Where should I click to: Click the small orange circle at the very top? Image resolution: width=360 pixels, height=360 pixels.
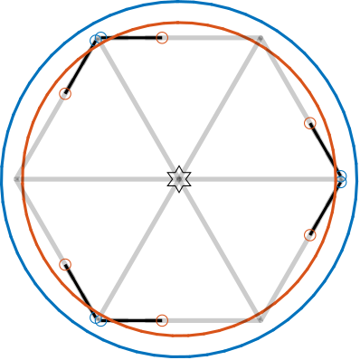(162, 38)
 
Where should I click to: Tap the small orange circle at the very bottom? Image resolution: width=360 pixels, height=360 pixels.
(162, 320)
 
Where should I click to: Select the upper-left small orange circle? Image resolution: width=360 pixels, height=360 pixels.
(65, 94)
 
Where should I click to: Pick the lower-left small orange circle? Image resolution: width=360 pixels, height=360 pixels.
(65, 264)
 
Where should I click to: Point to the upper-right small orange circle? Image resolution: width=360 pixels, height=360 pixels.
(310, 123)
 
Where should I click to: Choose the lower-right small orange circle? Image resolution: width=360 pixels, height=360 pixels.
(310, 235)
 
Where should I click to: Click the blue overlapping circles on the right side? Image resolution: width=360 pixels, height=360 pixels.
(341, 179)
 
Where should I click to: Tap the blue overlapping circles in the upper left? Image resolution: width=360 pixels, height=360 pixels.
(99, 38)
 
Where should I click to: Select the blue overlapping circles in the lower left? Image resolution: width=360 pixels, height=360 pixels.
(99, 318)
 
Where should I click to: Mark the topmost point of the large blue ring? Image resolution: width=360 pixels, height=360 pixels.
(180, 3)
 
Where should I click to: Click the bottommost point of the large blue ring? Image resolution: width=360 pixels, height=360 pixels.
(180, 356)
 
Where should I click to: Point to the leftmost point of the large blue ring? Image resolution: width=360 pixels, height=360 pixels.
(3, 179)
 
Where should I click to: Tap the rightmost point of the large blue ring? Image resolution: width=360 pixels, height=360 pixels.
(357, 179)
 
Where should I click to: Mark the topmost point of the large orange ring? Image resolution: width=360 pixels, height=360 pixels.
(180, 23)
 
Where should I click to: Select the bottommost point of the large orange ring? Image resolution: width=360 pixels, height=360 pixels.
(180, 336)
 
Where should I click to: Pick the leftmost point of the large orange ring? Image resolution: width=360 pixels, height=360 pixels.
(23, 179)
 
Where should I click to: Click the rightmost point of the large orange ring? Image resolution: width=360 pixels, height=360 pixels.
(336, 179)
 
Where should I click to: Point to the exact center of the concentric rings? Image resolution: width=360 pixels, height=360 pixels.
(180, 179)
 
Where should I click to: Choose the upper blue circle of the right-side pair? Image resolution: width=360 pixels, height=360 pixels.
(341, 175)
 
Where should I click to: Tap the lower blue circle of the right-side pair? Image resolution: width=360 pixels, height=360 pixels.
(341, 183)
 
